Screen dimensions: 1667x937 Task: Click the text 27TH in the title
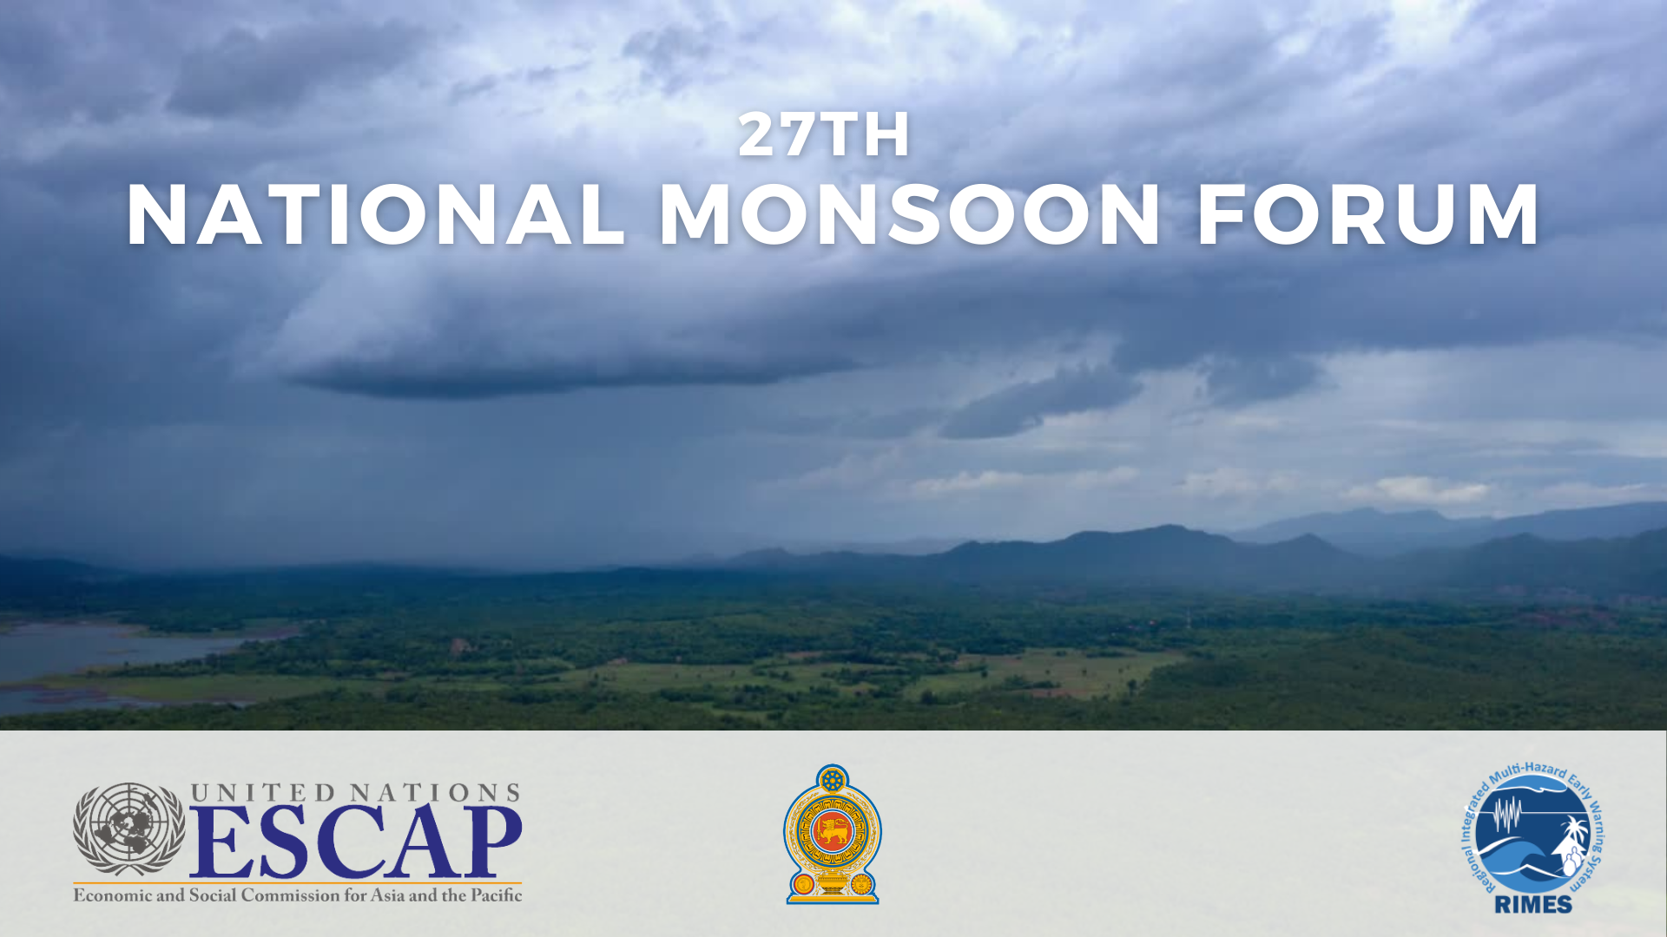click(824, 134)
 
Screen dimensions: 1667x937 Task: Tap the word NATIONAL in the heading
click(376, 214)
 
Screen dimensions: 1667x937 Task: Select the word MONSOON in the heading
click(910, 214)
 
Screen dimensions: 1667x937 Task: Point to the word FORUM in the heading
click(1368, 214)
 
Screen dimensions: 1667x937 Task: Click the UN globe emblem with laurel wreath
click(128, 829)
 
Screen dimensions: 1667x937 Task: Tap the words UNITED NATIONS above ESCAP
click(355, 792)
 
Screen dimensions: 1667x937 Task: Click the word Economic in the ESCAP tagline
click(113, 895)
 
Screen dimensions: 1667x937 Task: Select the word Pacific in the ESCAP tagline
click(497, 895)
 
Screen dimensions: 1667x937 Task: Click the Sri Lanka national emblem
click(833, 835)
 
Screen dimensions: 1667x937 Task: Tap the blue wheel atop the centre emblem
click(833, 780)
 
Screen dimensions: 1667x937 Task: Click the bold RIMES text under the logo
click(1533, 904)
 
